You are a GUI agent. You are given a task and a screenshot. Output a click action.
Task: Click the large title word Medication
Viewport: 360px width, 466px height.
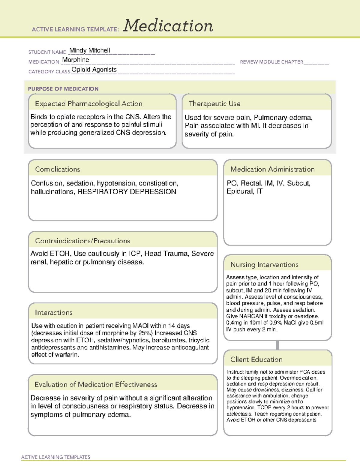tap(168, 26)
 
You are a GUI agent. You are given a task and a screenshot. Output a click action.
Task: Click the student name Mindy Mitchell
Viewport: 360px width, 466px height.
tap(90, 50)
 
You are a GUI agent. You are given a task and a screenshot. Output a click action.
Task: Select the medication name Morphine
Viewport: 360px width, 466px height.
tap(76, 60)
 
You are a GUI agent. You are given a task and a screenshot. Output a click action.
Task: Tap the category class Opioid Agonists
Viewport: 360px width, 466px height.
tap(94, 70)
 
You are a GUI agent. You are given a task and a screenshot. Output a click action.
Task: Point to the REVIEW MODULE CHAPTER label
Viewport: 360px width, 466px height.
tap(271, 62)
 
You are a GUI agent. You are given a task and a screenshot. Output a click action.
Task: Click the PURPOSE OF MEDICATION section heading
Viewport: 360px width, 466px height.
tap(63, 89)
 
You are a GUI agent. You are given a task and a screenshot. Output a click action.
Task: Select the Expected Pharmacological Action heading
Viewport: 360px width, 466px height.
tap(88, 104)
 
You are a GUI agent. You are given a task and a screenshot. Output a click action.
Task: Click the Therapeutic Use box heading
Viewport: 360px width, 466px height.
tap(214, 104)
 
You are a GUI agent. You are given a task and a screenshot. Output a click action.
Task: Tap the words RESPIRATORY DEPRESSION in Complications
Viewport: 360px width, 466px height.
tap(127, 192)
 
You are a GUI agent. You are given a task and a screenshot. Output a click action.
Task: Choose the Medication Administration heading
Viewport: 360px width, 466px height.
tap(272, 169)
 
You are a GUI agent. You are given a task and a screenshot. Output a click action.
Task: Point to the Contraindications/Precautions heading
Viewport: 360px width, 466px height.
tap(82, 241)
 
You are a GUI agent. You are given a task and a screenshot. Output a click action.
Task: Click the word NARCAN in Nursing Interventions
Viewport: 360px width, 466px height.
tap(251, 316)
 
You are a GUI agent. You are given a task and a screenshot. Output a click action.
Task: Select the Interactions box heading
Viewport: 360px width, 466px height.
tap(53, 312)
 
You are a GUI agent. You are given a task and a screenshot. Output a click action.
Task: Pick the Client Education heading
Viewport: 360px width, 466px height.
tap(256, 359)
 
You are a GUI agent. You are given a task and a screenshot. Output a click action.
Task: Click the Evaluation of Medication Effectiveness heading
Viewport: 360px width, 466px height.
tap(96, 384)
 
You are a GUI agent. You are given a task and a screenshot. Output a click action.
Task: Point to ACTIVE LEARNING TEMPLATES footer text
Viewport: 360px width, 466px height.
tap(55, 457)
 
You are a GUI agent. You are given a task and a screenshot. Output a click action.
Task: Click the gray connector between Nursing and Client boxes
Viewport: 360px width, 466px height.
tap(277, 345)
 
